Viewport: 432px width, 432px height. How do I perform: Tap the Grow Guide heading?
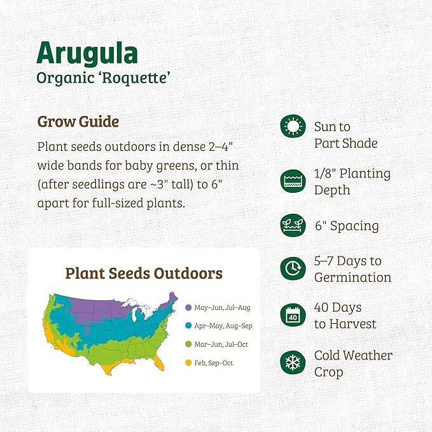pos(78,121)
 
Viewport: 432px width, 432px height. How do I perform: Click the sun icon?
pos(293,126)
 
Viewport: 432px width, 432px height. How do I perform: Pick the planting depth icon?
pos(293,181)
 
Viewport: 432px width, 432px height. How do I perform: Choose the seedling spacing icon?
pos(293,225)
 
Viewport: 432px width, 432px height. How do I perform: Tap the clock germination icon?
pos(293,268)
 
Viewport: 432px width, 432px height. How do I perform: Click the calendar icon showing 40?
pos(293,315)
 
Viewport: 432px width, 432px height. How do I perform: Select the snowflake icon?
pos(293,363)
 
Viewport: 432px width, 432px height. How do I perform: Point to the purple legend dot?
pos(188,308)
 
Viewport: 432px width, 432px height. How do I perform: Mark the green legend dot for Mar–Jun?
pos(188,345)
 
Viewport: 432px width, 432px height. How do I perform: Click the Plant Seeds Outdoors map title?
pos(144,274)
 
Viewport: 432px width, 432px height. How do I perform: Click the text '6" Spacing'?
pos(346,226)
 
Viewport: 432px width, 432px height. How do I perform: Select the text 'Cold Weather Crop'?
pos(353,363)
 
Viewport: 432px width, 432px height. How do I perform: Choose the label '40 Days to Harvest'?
pos(345,316)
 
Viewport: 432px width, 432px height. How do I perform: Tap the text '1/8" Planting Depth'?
pos(352,181)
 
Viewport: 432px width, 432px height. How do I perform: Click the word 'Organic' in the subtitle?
pos(62,78)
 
